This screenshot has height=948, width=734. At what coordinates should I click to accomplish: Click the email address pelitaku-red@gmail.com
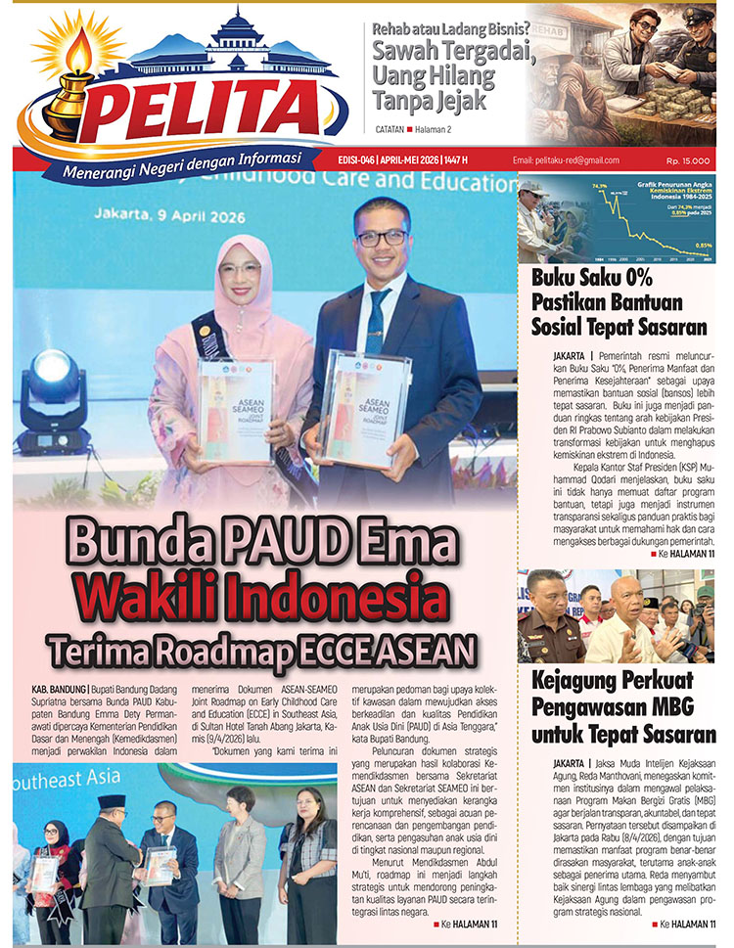pyautogui.click(x=566, y=160)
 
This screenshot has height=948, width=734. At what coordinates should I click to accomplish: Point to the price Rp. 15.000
pyautogui.click(x=688, y=160)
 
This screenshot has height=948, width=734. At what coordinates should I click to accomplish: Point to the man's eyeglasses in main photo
pyautogui.click(x=381, y=238)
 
